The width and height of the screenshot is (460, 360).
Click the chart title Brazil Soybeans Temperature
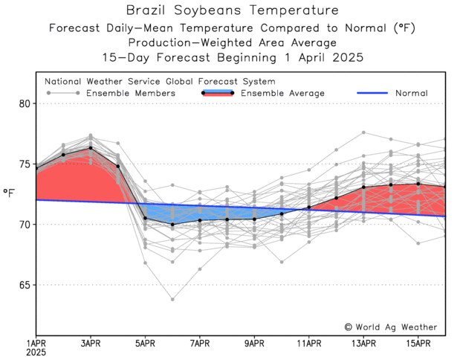(x=232, y=10)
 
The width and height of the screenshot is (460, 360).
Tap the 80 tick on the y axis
(x=25, y=103)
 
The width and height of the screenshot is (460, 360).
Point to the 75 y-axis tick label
(x=25, y=164)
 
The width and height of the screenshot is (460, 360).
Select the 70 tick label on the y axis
(x=25, y=225)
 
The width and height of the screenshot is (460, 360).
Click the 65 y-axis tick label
(x=25, y=285)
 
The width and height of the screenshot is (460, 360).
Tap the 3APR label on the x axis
(x=91, y=343)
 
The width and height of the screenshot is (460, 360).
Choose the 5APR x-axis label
(x=145, y=343)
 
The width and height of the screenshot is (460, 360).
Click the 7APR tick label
(x=200, y=343)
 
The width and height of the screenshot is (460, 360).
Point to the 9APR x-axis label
(x=254, y=343)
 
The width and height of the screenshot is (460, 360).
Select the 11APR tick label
(x=309, y=343)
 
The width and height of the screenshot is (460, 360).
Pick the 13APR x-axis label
(x=363, y=343)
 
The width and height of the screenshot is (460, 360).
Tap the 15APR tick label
(x=418, y=343)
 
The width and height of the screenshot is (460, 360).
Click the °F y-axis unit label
(x=10, y=193)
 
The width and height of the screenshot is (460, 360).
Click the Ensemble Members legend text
(x=131, y=94)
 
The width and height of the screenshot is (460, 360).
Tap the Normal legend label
(x=411, y=94)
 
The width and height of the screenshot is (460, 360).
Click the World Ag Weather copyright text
(x=391, y=327)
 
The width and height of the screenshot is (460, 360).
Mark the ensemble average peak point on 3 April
(x=91, y=148)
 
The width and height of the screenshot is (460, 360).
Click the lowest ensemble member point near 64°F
(x=172, y=300)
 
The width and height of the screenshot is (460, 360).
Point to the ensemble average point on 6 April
(x=172, y=225)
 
